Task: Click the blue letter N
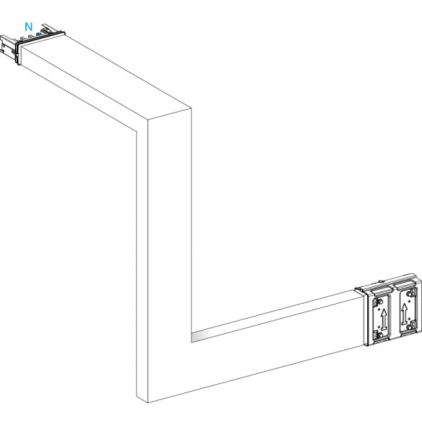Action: (29, 27)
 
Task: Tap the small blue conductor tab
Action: (39, 34)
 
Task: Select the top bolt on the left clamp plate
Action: (381, 301)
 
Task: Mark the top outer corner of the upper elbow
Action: (191, 108)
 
